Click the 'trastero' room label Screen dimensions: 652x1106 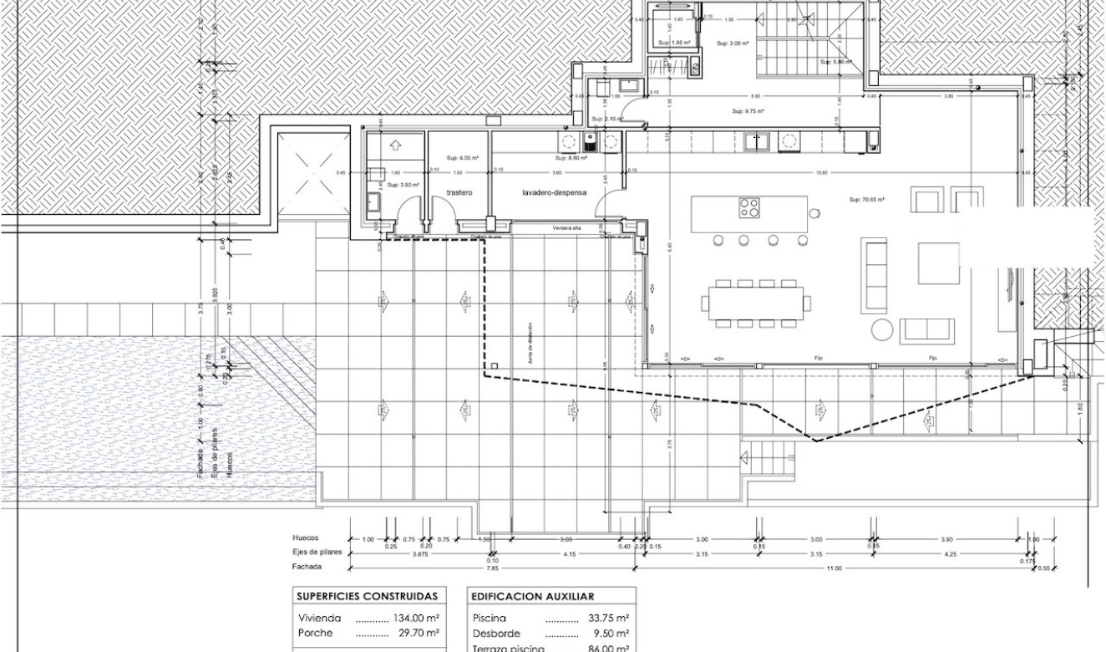point(459,192)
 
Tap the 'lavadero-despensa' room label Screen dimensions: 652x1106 point(554,192)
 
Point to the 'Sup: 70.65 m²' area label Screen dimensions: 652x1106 point(866,200)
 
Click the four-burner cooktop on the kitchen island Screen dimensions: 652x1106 point(748,206)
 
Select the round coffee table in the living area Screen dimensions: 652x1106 point(881,329)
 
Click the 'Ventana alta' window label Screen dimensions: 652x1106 point(566,228)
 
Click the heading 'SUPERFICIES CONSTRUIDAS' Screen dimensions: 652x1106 point(367,597)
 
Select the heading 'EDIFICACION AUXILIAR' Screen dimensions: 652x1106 point(532,597)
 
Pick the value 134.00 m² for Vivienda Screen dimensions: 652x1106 point(416,619)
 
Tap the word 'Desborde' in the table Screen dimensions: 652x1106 point(497,633)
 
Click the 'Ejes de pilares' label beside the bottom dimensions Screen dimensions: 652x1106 point(317,553)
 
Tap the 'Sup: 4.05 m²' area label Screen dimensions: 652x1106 point(461,156)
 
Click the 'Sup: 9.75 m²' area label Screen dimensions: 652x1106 point(748,110)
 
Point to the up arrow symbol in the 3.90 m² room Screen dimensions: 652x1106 point(395,145)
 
